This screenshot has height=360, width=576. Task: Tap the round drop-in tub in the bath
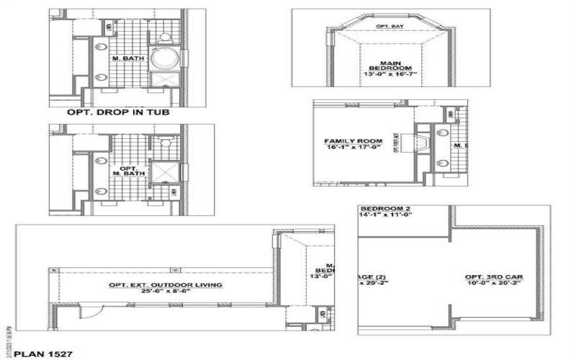pyautogui.click(x=163, y=57)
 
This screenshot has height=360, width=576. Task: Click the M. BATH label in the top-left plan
pyautogui.click(x=122, y=56)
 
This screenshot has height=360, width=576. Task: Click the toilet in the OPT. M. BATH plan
pyautogui.click(x=164, y=143)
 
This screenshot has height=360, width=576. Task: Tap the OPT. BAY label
pyautogui.click(x=390, y=27)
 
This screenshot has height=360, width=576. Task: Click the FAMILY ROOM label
pyautogui.click(x=348, y=140)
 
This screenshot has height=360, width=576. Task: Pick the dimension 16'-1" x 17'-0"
pyautogui.click(x=348, y=148)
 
